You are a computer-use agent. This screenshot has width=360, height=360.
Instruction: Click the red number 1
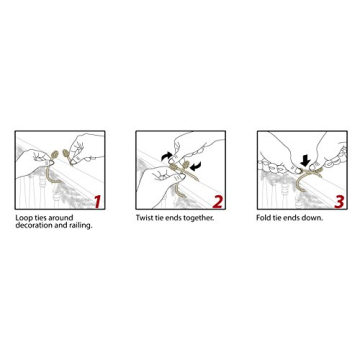(x=97, y=201)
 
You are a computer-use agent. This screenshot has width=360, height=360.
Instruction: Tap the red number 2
(x=218, y=201)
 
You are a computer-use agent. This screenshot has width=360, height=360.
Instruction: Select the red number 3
(x=338, y=201)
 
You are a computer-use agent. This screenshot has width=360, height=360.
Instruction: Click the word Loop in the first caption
(x=21, y=217)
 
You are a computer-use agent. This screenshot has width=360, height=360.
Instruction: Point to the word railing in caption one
(x=81, y=225)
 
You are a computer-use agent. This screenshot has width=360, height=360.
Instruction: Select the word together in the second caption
(x=198, y=217)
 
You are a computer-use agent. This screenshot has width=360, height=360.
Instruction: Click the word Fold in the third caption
(x=263, y=217)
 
